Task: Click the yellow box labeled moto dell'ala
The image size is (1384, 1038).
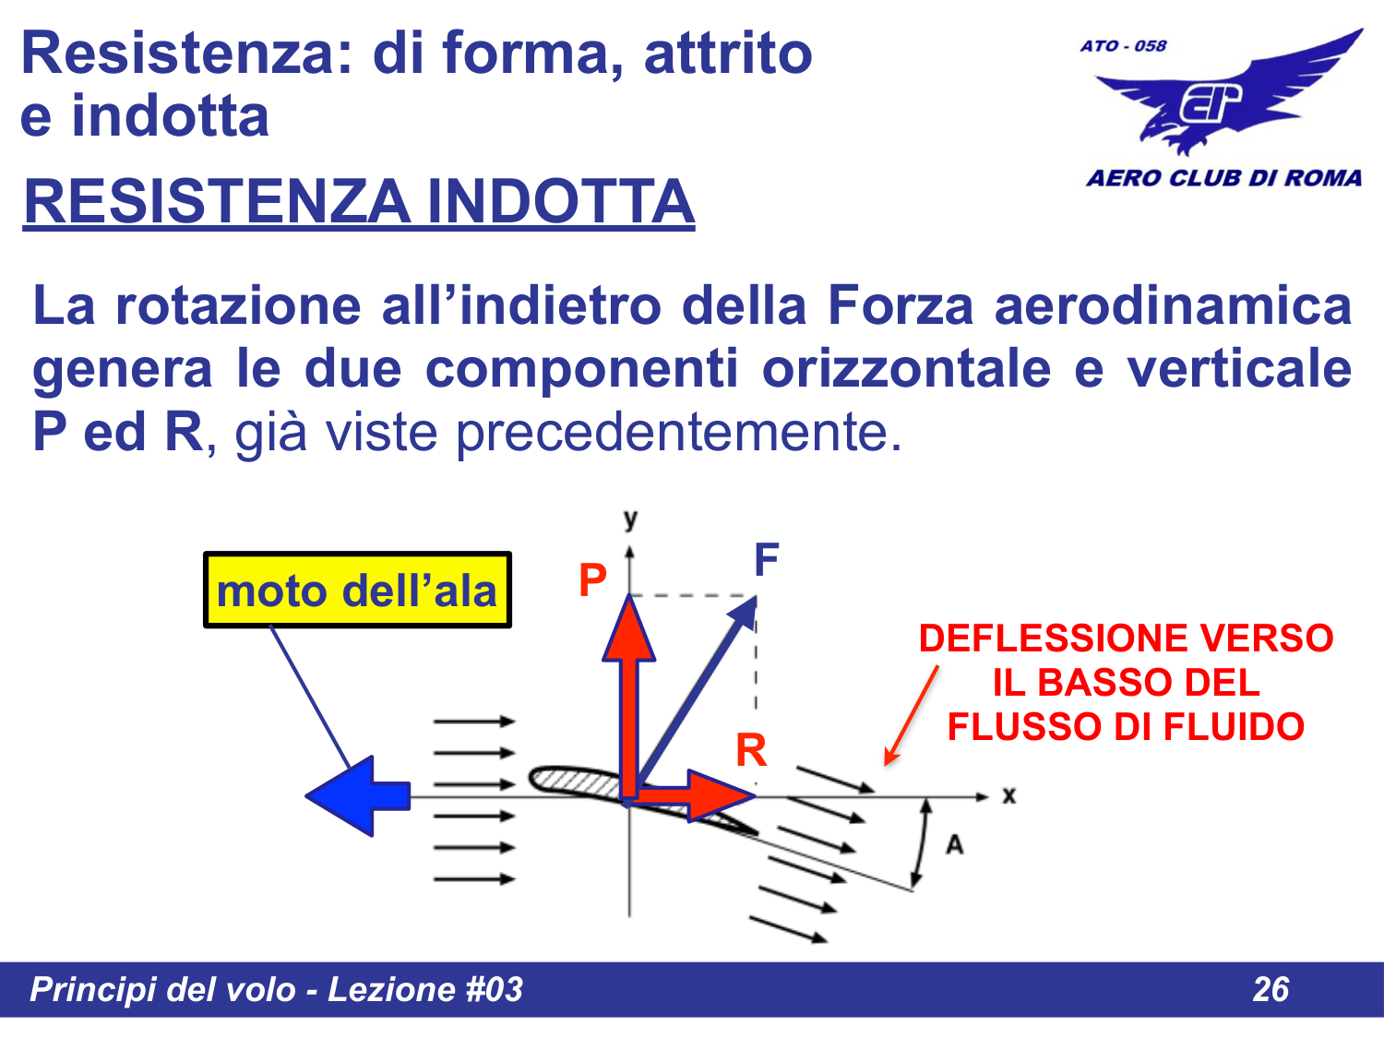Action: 357,591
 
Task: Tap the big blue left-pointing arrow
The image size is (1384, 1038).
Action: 358,795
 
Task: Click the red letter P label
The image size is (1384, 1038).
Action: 592,580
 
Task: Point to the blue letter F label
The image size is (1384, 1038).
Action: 766,559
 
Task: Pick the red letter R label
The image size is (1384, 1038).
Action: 751,750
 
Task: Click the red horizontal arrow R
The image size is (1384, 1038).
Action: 701,794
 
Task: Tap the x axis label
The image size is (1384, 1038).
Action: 1008,795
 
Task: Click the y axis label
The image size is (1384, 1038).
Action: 630,519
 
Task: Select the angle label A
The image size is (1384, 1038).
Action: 954,844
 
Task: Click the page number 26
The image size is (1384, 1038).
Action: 1271,989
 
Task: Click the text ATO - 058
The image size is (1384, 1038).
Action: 1123,45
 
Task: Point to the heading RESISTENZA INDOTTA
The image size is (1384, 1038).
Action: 359,202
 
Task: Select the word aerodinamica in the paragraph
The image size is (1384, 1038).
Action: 1172,305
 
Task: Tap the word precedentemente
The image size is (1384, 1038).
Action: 678,431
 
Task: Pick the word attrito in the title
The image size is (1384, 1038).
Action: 727,53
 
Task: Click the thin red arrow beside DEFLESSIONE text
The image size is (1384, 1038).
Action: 911,715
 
